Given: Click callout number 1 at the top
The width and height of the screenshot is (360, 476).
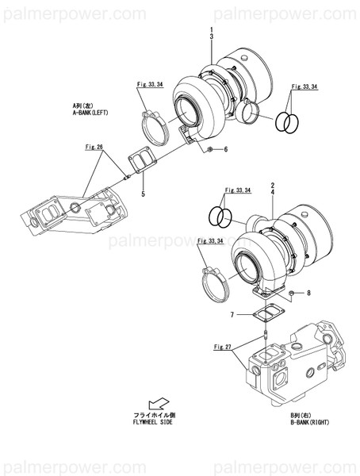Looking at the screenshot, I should (212, 30).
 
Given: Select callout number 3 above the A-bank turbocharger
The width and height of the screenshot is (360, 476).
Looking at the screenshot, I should (212, 37).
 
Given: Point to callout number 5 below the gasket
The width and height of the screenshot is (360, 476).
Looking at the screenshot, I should (142, 193).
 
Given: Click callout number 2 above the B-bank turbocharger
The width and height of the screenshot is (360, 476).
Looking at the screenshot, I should (272, 185).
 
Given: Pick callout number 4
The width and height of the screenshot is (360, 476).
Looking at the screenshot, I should (272, 193).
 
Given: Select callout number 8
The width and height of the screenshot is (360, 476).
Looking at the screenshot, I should (308, 294).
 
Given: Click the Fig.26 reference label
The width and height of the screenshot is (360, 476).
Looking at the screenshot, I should (95, 147).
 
